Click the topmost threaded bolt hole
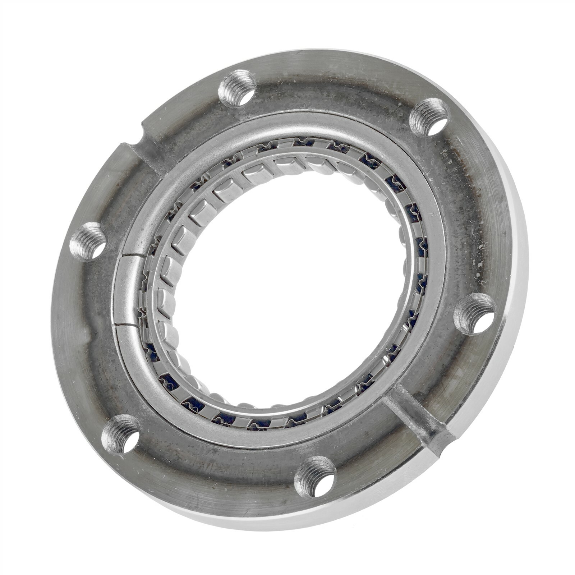[x=237, y=88]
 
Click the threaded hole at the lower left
[x=120, y=433]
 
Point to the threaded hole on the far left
[x=87, y=241]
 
